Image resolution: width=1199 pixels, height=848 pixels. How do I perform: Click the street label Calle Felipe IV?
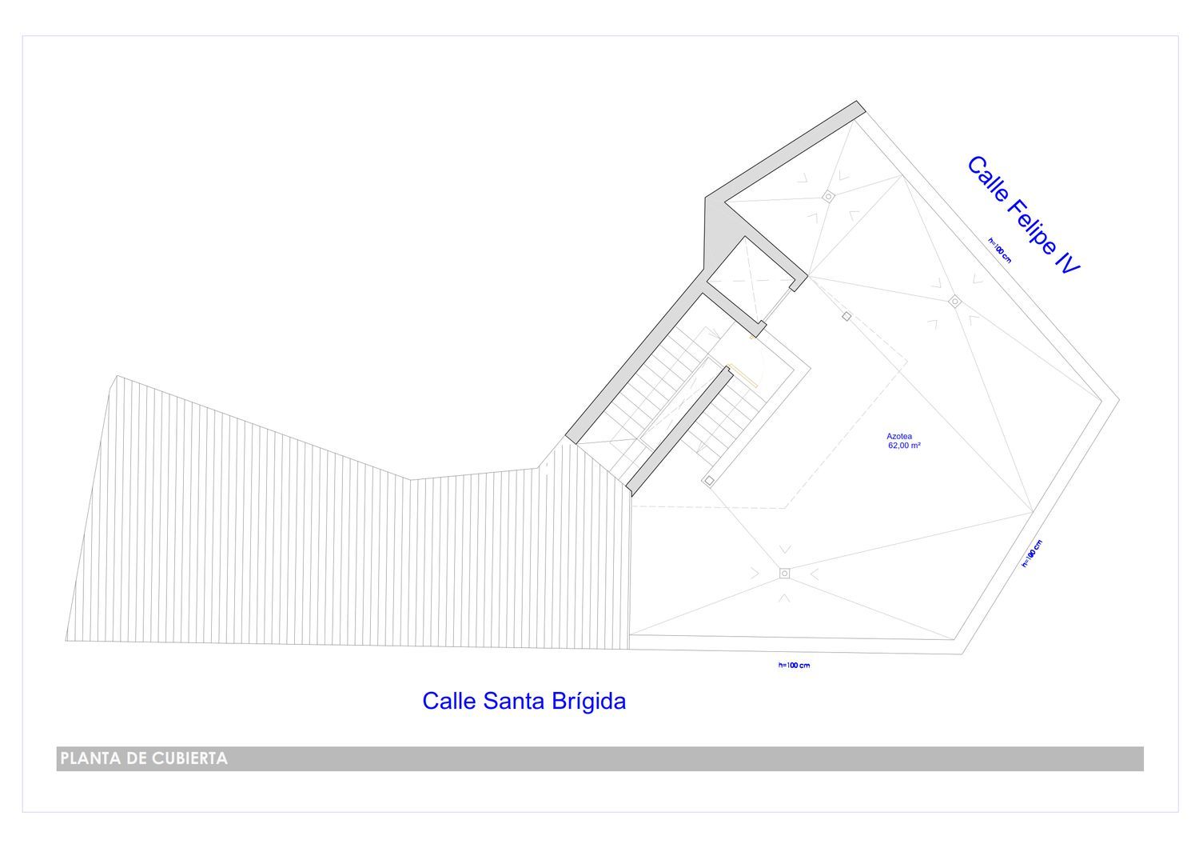[1023, 215]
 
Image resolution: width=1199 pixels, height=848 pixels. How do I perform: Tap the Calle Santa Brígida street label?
[524, 701]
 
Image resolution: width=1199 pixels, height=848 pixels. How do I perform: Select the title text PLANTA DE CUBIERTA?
[144, 758]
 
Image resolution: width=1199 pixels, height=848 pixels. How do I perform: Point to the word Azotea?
[899, 436]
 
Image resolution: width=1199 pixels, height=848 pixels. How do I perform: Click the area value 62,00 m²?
[904, 445]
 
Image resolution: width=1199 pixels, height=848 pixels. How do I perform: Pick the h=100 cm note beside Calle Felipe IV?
[999, 250]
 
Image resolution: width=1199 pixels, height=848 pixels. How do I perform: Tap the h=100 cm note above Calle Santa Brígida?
[794, 666]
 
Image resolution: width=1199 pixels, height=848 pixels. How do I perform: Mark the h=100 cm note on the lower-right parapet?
[1032, 554]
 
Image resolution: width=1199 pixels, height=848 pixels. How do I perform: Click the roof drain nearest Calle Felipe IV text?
[955, 302]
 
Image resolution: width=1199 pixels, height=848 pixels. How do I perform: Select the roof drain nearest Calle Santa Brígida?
[784, 574]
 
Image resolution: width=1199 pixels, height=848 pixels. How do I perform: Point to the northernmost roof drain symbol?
[828, 197]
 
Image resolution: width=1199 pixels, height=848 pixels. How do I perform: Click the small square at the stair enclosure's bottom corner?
[709, 481]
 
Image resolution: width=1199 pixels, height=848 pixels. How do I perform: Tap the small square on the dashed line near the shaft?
[846, 317]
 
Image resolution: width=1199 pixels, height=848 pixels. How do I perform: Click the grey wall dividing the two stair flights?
[679, 430]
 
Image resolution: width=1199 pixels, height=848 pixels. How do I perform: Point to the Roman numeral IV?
[1067, 263]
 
